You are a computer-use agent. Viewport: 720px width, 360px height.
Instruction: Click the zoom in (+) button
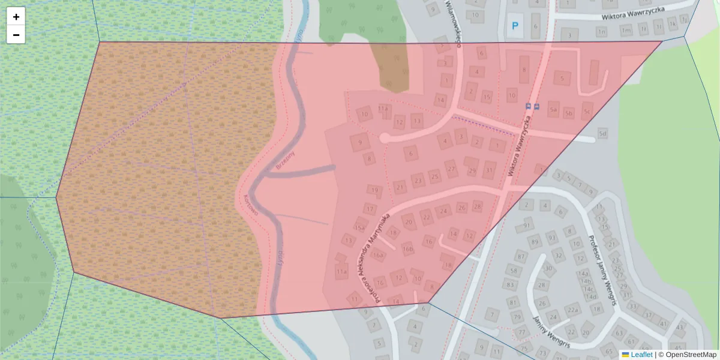pos(16,17)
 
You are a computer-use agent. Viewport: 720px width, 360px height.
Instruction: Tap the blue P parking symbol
pos(514,26)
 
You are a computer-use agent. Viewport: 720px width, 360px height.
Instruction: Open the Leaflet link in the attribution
pos(641,355)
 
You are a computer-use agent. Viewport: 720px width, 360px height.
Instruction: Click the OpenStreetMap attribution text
pos(690,355)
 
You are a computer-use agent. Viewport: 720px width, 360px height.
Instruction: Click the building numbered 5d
pos(602,133)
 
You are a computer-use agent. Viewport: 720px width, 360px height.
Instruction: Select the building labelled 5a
pos(554,110)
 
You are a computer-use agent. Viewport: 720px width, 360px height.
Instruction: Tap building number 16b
pos(408,248)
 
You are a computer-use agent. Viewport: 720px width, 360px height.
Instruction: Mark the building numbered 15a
pos(360,227)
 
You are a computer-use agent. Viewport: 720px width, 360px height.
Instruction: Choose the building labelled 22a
pos(573,310)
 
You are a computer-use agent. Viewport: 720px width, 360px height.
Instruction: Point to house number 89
pos(534,241)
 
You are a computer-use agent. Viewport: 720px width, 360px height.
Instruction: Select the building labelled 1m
pos(626,30)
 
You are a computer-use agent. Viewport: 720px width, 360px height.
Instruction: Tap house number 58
pos(512,271)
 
